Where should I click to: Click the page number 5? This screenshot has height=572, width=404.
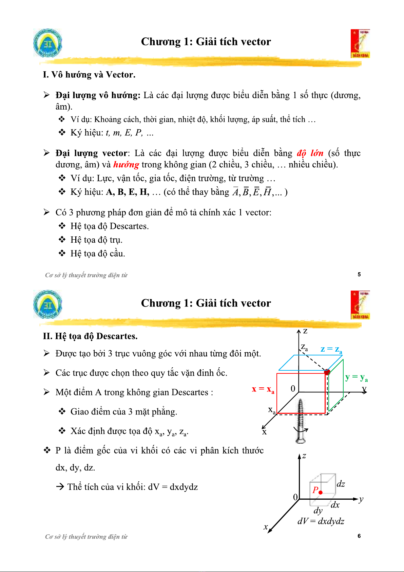pos(359,274)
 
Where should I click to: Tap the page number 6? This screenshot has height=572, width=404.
pos(359,536)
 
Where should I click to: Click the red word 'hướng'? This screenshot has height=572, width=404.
pos(126,165)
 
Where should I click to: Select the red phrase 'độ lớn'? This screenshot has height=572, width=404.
pos(310,153)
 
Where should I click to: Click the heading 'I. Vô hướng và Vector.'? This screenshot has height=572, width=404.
pos(89,75)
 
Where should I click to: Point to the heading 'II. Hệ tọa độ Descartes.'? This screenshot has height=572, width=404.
pos(90,336)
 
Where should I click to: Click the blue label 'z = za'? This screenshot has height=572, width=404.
pos(331,349)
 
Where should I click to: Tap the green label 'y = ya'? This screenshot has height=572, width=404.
pos(356,377)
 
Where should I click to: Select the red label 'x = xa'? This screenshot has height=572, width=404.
pos(263,389)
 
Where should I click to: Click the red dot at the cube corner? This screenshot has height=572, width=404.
pos(327,372)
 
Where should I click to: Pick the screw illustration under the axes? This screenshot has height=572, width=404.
pos(300,421)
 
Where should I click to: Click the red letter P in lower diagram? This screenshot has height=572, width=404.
pos(315,490)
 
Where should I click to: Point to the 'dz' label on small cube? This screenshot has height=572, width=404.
pos(341,484)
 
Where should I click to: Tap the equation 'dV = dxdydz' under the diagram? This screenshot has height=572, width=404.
pos(321,521)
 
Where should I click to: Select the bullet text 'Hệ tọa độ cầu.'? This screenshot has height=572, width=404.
pos(98,254)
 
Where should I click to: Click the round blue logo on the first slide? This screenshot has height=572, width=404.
pos(48,43)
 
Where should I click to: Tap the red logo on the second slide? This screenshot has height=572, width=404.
pos(360,305)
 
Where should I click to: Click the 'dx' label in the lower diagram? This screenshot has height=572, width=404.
pos(335,505)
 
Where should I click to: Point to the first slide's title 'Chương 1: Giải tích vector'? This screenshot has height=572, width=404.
pos(206,42)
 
